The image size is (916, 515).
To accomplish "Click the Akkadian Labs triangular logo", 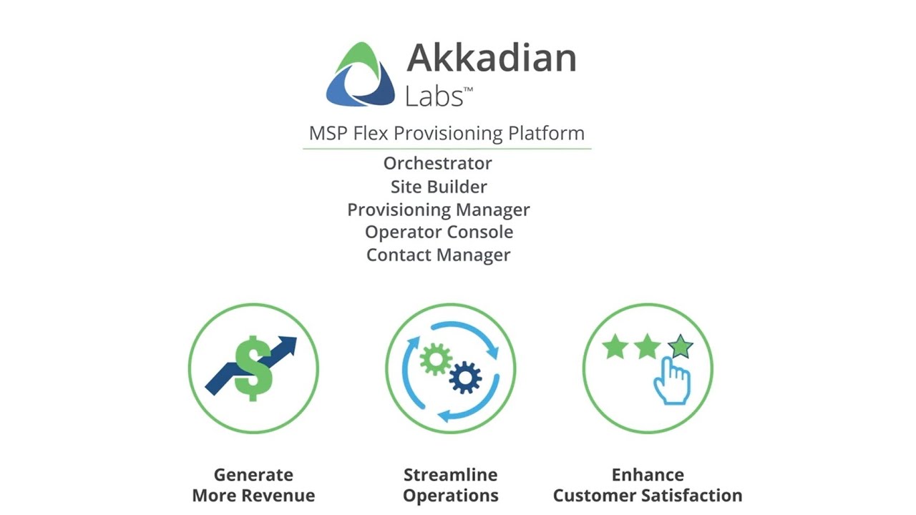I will point(361,75).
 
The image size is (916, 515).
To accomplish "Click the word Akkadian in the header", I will point(491,57).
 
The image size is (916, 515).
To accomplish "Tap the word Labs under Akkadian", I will point(434,96).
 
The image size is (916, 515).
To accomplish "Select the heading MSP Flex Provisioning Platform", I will point(447,133).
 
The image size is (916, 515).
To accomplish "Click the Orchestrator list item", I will point(437,163).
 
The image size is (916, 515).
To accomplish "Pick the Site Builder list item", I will point(438,187).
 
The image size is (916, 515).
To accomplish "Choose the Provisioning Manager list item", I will point(438,210).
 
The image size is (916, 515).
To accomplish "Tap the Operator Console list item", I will point(439,232).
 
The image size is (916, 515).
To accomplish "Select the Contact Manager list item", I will point(438,255).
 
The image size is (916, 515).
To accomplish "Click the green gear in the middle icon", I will point(435,358).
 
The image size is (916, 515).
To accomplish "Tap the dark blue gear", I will point(465,377).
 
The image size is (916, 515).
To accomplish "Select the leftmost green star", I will point(615,348).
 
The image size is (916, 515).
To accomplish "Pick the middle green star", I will point(647,348).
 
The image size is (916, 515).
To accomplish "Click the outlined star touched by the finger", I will point(681,346).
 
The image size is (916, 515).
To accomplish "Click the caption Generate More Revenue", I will point(253,485).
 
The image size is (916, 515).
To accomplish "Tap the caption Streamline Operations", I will point(450,485).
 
